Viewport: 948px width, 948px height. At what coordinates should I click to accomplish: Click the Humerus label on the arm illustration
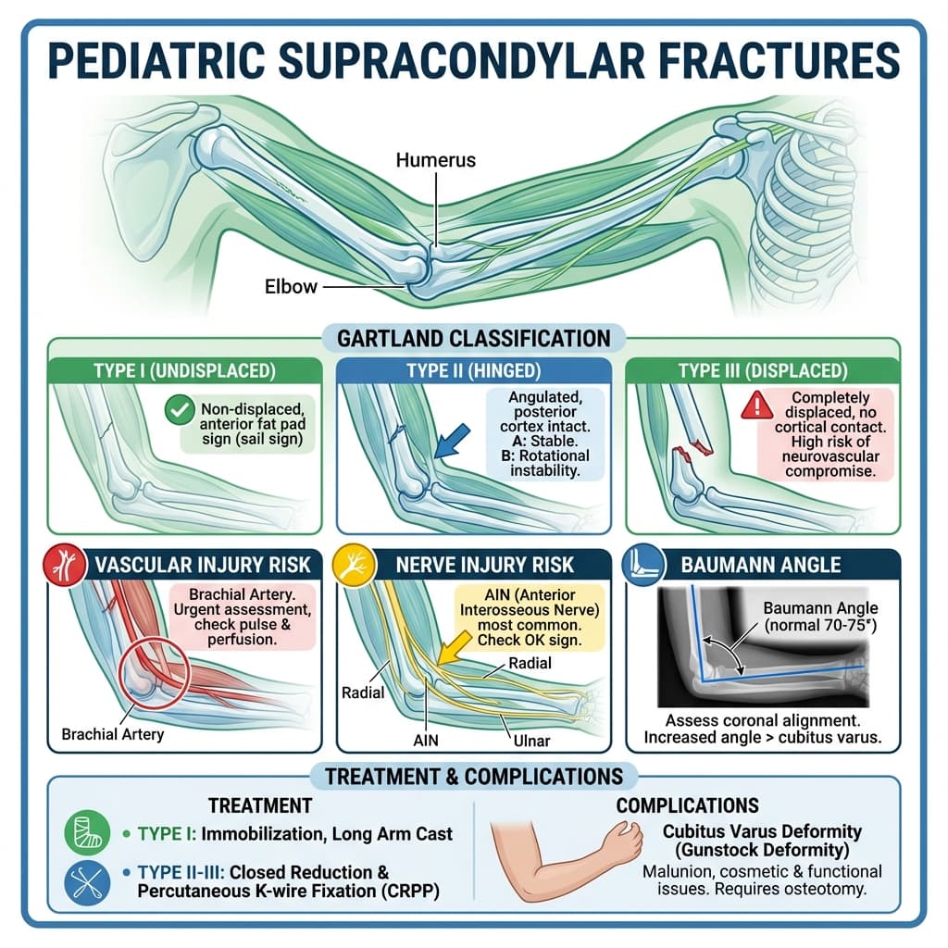[435, 160]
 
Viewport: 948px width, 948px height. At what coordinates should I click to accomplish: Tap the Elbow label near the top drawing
[291, 286]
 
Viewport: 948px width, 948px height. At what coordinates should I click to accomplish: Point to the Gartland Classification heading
[473, 337]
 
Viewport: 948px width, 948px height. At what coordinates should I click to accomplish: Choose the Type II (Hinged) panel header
[473, 371]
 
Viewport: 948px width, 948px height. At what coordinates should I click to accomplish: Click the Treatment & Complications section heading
[473, 775]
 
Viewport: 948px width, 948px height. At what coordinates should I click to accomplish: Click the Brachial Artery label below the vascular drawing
[112, 734]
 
